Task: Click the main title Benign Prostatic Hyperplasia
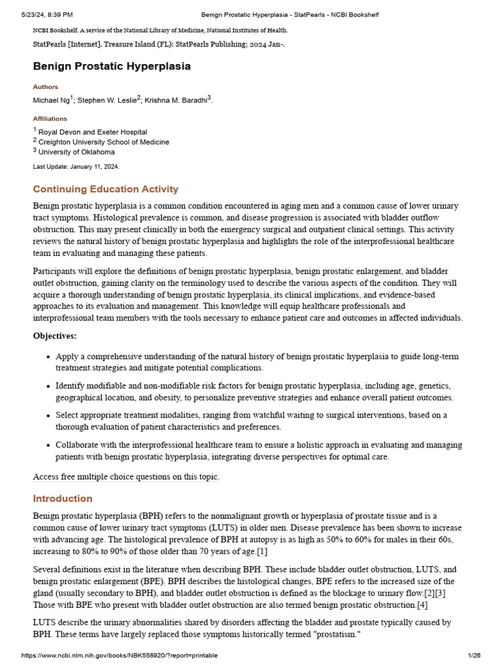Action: (x=112, y=66)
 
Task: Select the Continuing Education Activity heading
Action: (x=105, y=189)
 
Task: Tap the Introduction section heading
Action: (x=63, y=499)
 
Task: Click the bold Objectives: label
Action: (x=55, y=336)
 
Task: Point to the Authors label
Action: (x=45, y=87)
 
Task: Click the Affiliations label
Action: (x=50, y=119)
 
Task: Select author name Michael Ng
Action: (x=52, y=101)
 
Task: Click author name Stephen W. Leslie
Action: (x=107, y=101)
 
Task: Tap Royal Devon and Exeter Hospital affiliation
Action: (x=92, y=132)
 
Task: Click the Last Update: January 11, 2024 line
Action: (x=76, y=167)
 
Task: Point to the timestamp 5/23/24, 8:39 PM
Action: (x=47, y=14)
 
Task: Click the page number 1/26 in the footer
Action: (x=474, y=656)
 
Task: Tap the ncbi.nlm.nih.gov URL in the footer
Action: (x=120, y=656)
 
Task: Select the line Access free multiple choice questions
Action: (x=126, y=477)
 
